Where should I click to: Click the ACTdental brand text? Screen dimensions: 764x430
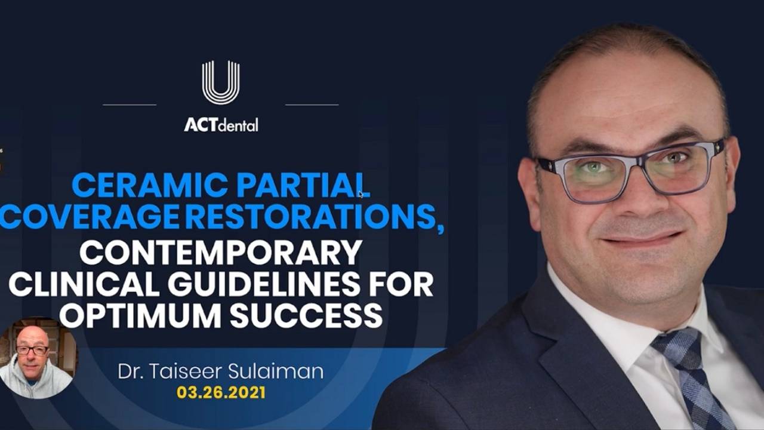coord(221,125)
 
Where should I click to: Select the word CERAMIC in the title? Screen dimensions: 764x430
coord(149,185)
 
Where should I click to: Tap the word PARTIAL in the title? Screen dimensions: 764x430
coord(303,185)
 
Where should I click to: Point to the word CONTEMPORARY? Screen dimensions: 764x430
coord(220,253)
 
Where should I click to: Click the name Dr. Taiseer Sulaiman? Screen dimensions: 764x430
coord(221,371)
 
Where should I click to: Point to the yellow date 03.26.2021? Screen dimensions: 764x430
coord(221,393)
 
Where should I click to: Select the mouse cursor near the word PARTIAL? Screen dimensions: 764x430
coord(361,194)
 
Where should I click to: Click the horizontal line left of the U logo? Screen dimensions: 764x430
coord(130,105)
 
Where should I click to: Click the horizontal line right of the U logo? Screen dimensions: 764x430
coord(312,105)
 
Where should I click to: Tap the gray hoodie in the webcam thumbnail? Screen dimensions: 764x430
coord(34,382)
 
